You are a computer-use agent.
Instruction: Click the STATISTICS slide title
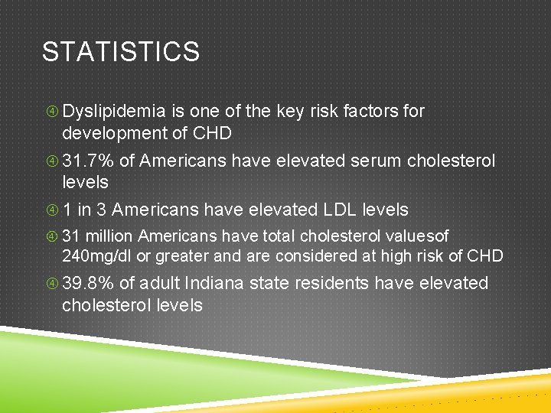(x=121, y=52)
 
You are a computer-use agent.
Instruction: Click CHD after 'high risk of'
(x=485, y=255)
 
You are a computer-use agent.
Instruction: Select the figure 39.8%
(x=88, y=284)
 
